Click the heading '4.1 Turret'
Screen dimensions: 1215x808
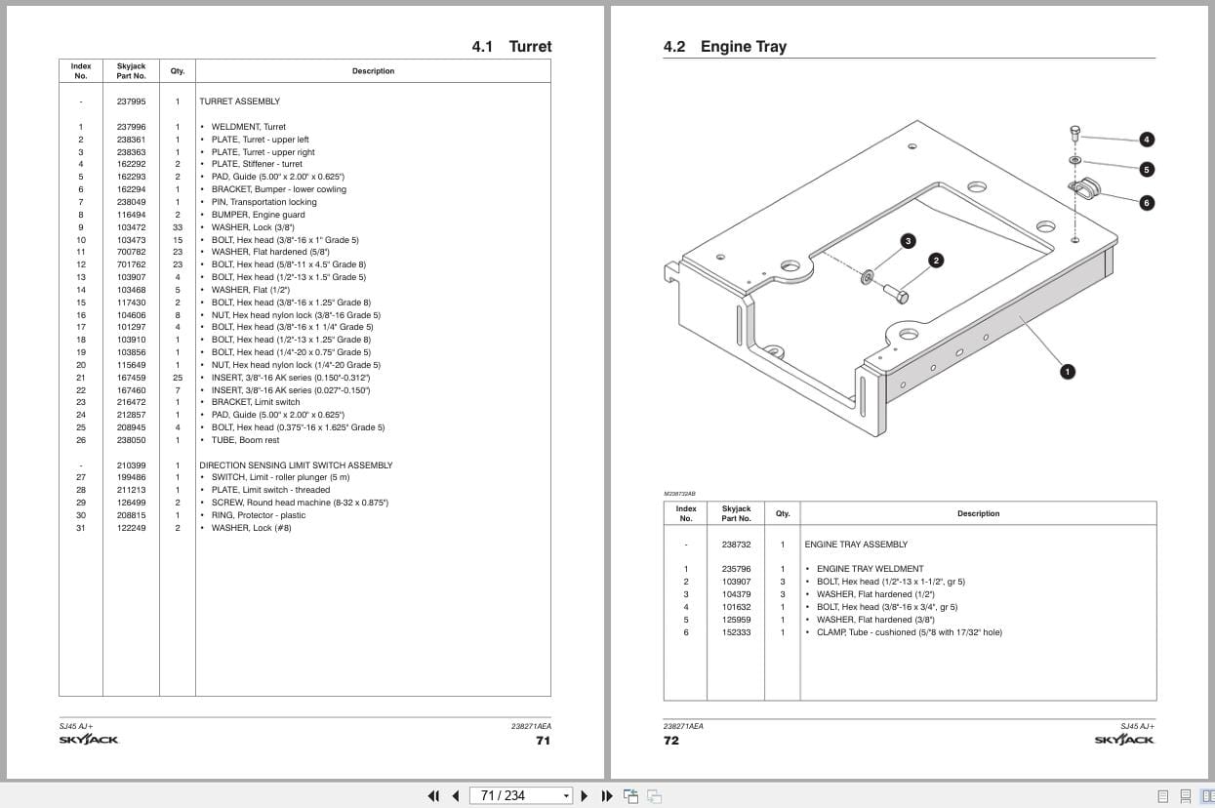(511, 47)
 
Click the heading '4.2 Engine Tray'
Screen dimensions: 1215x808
(724, 47)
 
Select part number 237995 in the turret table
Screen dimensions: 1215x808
(131, 101)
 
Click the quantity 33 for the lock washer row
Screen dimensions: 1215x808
(178, 227)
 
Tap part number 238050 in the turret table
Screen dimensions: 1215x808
(131, 440)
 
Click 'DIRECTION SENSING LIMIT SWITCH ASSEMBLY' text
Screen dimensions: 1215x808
(296, 465)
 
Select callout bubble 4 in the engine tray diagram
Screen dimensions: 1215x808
(1147, 140)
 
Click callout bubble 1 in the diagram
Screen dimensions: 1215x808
(1068, 371)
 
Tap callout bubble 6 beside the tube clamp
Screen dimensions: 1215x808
(1147, 202)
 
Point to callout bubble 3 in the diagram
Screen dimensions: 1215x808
(908, 241)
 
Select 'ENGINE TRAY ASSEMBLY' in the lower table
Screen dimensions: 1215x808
(856, 545)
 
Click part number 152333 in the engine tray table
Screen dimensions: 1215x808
(736, 632)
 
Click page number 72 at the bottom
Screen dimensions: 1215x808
(671, 741)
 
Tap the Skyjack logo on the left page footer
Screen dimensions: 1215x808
(89, 740)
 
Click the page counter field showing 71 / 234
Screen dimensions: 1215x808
(519, 795)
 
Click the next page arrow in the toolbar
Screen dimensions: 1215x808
(585, 795)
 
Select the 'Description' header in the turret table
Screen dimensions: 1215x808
(373, 71)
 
